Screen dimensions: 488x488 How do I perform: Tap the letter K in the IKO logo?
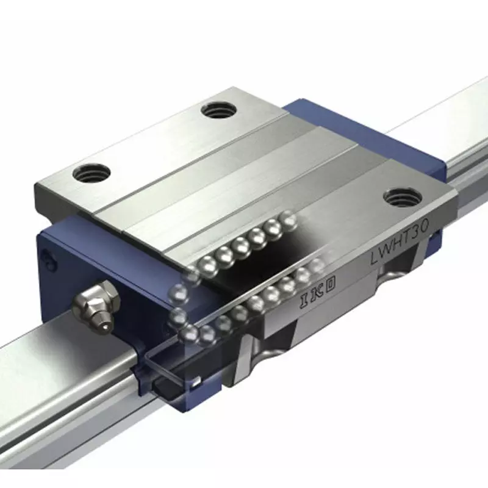point(317,294)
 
